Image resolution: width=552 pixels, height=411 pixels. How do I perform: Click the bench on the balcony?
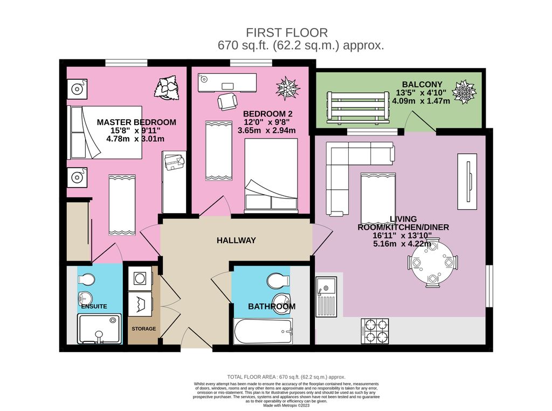tap(357, 106)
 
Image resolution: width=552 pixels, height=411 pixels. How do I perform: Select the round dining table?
tap(433, 263)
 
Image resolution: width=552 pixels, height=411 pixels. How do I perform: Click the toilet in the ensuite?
tap(85, 278)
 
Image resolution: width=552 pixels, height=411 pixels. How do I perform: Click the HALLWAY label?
tap(236, 240)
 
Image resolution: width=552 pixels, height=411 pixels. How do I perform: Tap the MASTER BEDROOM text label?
tap(136, 122)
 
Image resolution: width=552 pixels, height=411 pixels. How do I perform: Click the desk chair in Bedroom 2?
tap(226, 101)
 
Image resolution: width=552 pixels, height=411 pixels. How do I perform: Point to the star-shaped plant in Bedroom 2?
tap(287, 88)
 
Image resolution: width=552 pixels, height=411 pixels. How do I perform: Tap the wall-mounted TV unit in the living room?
tap(467, 181)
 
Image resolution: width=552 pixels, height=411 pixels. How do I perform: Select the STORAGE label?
tap(144, 328)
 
